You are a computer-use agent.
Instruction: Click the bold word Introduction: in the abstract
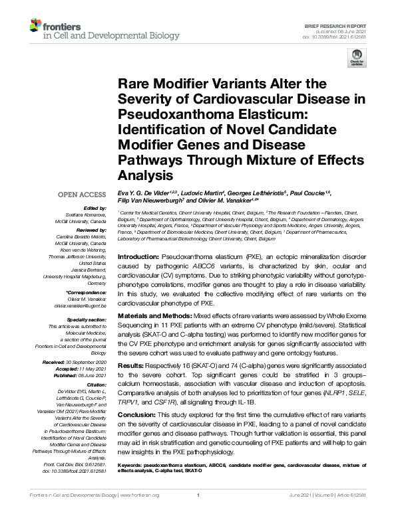pos(138,256)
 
